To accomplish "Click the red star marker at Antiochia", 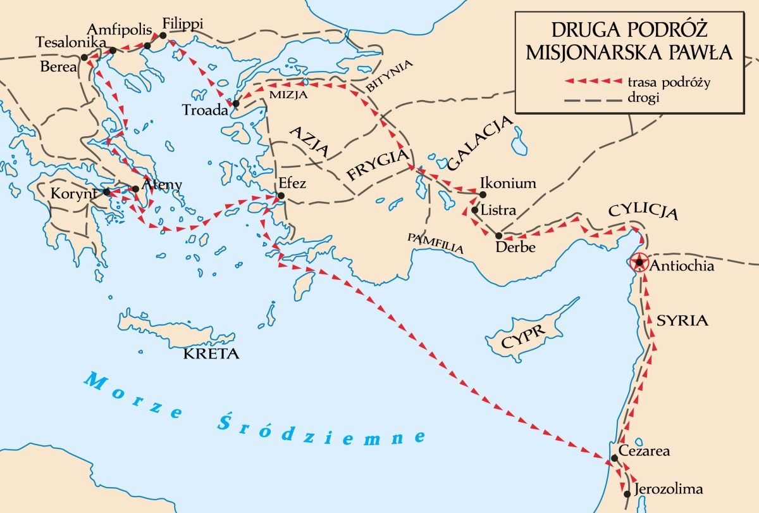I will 640,262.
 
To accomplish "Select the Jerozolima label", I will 670,489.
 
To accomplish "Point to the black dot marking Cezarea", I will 614,458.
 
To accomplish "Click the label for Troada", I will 204,109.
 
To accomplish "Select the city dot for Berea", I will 84,58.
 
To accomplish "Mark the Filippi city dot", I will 163,35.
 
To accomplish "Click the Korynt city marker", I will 107,191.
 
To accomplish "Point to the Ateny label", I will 163,185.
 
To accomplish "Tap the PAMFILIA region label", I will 436,243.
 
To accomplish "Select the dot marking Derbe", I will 498,236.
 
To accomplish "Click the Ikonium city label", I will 509,184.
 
